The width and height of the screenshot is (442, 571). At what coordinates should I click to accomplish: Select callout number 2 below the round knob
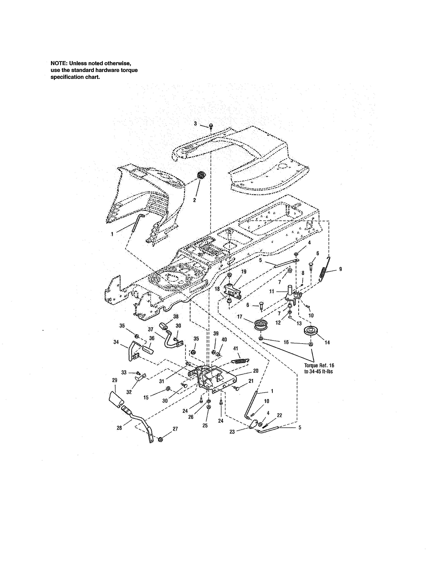click(194, 200)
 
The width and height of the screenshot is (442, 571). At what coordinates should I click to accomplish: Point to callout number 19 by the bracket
click(244, 272)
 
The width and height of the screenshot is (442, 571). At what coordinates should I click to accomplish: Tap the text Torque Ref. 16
click(319, 365)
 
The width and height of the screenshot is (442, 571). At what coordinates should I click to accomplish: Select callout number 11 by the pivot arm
click(272, 291)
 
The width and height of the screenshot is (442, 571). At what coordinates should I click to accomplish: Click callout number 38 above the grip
click(176, 317)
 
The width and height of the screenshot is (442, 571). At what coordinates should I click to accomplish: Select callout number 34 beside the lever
click(116, 342)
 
